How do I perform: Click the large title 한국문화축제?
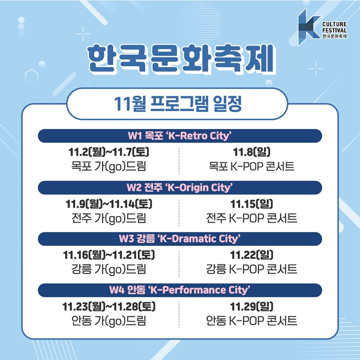[x=181, y=59]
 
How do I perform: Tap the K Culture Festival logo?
[x=322, y=27]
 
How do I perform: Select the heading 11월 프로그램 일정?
[x=178, y=104]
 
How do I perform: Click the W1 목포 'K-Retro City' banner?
[x=180, y=136]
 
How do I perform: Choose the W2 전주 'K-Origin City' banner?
[x=180, y=187]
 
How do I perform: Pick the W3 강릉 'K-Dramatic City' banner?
[x=180, y=239]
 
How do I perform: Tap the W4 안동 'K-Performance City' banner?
[x=180, y=290]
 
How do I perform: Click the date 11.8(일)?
[x=251, y=152]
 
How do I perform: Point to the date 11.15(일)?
[x=251, y=204]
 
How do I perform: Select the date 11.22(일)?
[x=251, y=255]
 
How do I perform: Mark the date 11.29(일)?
[x=251, y=307]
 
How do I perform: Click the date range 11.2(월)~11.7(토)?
[x=109, y=152]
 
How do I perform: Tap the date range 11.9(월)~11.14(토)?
[x=109, y=204]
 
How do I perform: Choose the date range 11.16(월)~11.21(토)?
[x=109, y=255]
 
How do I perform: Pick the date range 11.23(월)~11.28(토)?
[x=109, y=307]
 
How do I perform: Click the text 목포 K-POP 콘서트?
[x=251, y=166]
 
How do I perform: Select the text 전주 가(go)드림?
[x=109, y=219]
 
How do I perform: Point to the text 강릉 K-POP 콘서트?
[x=251, y=269]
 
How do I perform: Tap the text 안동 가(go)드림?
[x=109, y=321]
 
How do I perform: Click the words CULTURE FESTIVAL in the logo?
[x=334, y=27]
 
